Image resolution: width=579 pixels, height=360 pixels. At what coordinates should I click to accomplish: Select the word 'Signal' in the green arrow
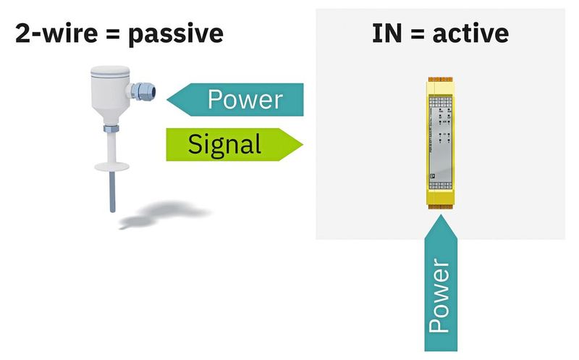tap(224, 143)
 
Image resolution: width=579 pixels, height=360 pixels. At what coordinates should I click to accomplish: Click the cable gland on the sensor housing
tap(142, 91)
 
